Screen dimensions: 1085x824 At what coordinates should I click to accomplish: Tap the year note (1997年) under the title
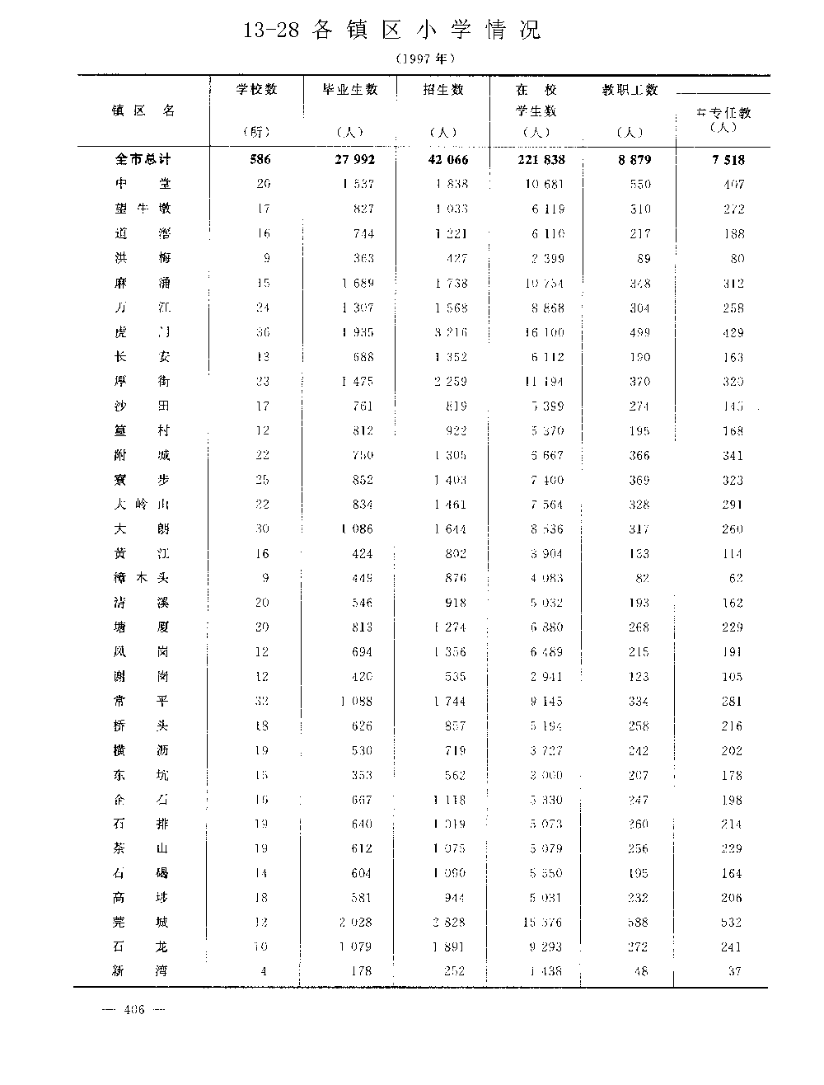[424, 59]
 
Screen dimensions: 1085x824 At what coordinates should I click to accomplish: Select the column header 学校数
[256, 89]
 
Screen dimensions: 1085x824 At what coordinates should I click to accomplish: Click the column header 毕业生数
[350, 89]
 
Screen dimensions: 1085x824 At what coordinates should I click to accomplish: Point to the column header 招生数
[443, 89]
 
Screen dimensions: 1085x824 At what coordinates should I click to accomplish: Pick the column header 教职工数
[630, 90]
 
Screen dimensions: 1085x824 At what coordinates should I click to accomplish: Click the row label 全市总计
[143, 159]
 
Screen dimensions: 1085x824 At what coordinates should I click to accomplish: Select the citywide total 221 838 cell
[541, 159]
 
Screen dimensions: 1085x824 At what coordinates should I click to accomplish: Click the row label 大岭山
[142, 504]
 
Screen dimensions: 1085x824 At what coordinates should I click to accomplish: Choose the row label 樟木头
[142, 578]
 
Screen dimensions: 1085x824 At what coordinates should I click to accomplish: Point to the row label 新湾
[142, 971]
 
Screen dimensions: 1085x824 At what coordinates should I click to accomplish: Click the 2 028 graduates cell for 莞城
[354, 922]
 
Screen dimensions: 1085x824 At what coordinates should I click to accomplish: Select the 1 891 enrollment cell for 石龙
[449, 946]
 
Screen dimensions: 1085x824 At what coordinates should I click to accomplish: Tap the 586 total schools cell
[260, 159]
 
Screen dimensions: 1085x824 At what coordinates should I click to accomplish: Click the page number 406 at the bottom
[133, 1009]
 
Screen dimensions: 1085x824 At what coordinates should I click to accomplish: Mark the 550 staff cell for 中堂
[639, 184]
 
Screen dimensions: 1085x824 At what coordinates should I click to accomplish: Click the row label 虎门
[142, 332]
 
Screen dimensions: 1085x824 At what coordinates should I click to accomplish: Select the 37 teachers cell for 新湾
[733, 971]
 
